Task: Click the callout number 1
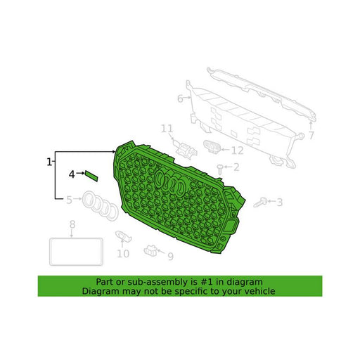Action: coord(49,162)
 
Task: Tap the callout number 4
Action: coord(72,174)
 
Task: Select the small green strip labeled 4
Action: coord(91,176)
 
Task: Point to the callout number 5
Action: coord(69,200)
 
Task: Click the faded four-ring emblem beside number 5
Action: coord(101,206)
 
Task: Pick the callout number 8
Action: coord(72,224)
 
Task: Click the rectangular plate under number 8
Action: coord(76,252)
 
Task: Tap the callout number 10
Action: coord(123,254)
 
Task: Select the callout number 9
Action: coord(171,257)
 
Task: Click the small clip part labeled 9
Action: coord(150,250)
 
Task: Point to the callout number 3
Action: coord(279,202)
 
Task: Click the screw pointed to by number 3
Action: coord(260,202)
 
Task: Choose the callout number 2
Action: coord(236,167)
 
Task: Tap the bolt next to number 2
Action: coord(220,169)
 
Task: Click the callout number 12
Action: coord(238,150)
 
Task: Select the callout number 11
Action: coord(167,129)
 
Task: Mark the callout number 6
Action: coord(180,98)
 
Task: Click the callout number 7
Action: coord(311,136)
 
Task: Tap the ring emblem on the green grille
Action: coord(169,181)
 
